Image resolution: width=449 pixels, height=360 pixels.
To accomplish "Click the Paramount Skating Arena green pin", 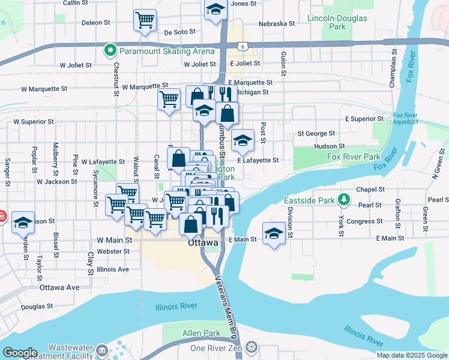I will (x=110, y=50).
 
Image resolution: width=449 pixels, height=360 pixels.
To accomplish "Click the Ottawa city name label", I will (x=203, y=243).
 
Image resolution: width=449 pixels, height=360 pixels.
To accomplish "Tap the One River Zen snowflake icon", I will (x=250, y=348).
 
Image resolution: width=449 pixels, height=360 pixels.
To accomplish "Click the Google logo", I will (x=20, y=353).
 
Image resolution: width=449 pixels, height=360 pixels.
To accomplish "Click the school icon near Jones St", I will (x=215, y=10).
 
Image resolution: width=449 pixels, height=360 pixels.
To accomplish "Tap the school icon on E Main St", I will (x=274, y=233).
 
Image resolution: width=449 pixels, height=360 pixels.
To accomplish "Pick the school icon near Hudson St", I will (x=243, y=140).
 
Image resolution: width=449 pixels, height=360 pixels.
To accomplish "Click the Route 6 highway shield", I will (x=240, y=45).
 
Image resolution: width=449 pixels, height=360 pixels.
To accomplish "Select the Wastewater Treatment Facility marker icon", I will (x=101, y=350).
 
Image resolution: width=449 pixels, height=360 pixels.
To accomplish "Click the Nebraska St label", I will (x=277, y=24).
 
